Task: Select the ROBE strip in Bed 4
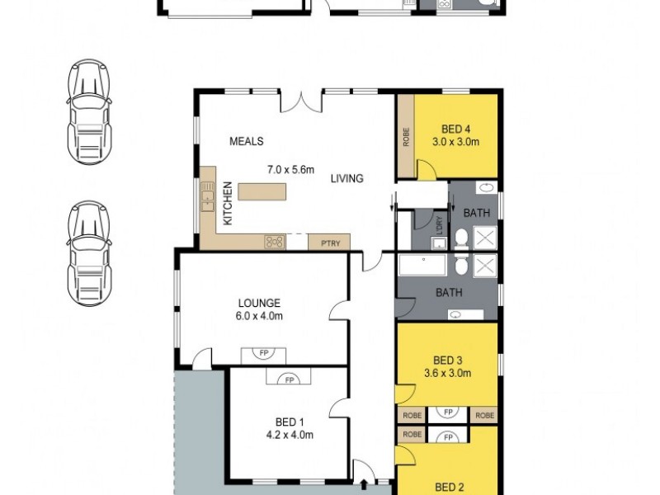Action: (x=406, y=136)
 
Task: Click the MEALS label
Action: (x=247, y=141)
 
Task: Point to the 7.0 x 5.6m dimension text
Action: (x=290, y=170)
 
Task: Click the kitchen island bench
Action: (x=263, y=192)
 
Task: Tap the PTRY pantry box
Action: (x=328, y=243)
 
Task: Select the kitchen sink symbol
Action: (x=207, y=198)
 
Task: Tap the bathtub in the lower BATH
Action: (x=422, y=266)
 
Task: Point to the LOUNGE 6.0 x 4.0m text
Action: (x=261, y=309)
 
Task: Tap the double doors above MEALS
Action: (x=301, y=102)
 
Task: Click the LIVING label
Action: (x=347, y=178)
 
